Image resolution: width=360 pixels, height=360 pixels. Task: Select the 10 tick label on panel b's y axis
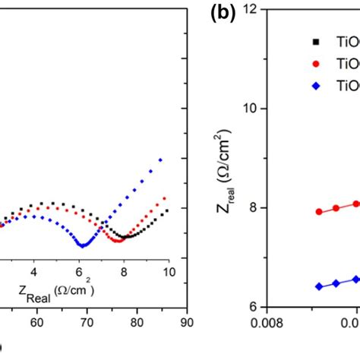click(255, 109)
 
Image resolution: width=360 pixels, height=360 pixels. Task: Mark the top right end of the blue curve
click(160, 159)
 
